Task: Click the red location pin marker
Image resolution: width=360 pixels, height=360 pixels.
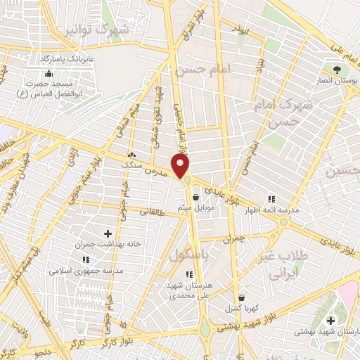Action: [181, 167]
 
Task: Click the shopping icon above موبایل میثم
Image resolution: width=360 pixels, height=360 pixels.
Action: [195, 198]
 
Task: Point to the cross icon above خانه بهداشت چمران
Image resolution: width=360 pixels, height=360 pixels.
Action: [107, 233]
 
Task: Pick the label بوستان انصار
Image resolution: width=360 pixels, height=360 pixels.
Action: [336, 82]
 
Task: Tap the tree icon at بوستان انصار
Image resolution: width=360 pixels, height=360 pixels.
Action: [337, 70]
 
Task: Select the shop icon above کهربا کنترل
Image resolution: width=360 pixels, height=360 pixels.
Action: [241, 297]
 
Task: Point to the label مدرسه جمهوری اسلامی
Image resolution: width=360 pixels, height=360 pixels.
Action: [86, 270]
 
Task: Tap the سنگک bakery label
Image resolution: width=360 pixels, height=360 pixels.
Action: [131, 164]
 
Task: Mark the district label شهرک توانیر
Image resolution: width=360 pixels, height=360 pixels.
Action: [99, 30]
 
